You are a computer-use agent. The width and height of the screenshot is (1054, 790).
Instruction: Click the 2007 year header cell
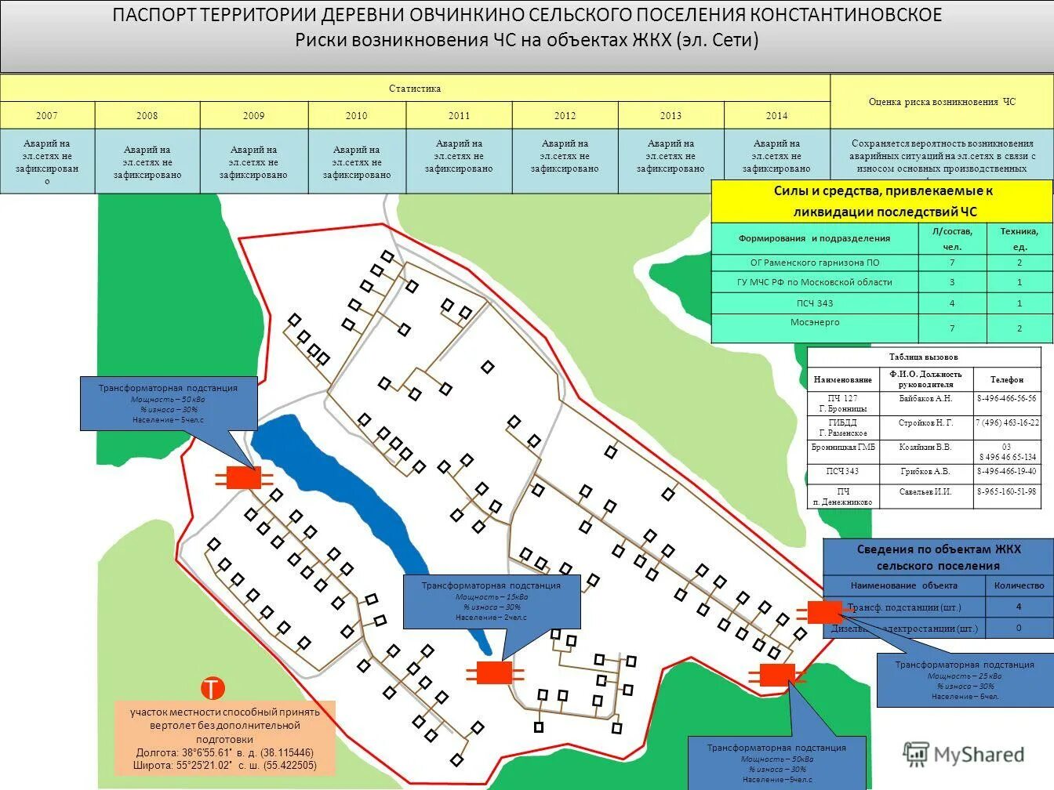coord(47,115)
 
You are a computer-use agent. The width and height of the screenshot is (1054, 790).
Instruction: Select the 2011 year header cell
coord(459,115)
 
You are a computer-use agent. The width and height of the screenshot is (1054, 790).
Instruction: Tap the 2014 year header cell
coord(776,115)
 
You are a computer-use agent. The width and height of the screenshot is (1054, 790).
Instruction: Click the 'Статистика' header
coord(415,89)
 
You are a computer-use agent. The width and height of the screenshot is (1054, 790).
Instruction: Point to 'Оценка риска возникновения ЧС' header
coord(941,102)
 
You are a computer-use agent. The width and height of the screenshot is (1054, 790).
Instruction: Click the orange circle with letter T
coord(213,688)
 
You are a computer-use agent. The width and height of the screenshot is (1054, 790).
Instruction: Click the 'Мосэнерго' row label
coord(815,323)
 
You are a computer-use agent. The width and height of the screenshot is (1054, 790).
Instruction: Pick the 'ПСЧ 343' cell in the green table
coord(815,303)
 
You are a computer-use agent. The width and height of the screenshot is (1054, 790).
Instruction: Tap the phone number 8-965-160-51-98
coord(1006,491)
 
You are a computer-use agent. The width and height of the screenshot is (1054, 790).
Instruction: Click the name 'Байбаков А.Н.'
coord(925,398)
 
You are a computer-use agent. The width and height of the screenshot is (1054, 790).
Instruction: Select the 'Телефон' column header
coord(1006,379)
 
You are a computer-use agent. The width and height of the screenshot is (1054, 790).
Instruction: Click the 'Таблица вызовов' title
coord(924,357)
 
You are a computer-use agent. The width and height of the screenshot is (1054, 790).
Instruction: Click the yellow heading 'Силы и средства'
coord(882,201)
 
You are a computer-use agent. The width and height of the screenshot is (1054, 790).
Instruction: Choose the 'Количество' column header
coord(1019,585)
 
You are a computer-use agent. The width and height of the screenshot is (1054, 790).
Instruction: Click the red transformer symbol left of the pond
coord(243,477)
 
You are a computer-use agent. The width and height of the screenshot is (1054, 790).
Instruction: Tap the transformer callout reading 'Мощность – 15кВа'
coord(492,601)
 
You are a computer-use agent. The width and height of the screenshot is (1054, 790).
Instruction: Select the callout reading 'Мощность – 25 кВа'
coord(964,679)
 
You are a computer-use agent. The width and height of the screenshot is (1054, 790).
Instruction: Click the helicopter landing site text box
coord(224,737)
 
